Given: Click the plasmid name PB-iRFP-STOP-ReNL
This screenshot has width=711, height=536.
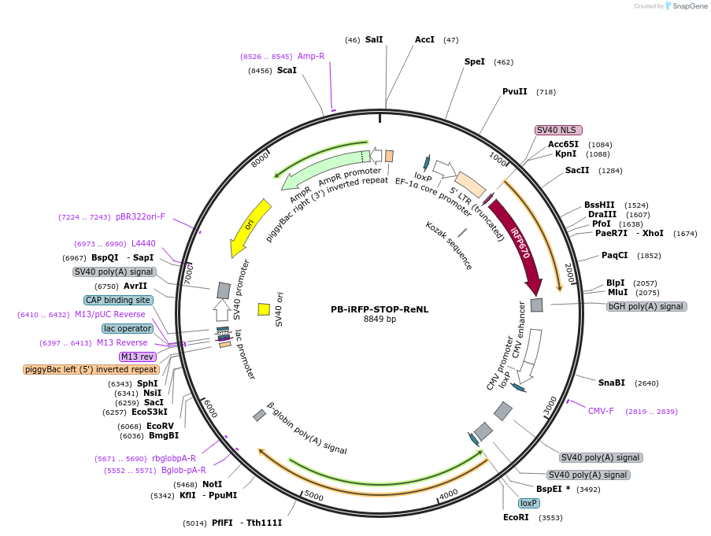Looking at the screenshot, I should (380, 309).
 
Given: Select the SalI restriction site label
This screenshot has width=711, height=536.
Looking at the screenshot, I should (374, 39).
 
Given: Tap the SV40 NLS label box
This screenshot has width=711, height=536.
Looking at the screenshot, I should (558, 130).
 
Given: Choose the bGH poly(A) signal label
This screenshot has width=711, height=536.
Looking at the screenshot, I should (646, 306).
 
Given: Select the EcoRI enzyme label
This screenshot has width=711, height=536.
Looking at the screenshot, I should (517, 518).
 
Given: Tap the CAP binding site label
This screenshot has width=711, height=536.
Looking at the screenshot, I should (117, 300).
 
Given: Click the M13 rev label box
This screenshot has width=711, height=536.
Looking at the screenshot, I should (138, 357).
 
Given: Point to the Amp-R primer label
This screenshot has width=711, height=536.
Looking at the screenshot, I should (311, 56).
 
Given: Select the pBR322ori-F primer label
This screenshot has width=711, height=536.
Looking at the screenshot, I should (140, 216).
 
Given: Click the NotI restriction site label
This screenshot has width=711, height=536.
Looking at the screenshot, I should (212, 484).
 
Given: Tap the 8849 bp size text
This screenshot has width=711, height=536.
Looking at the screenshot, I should (380, 320).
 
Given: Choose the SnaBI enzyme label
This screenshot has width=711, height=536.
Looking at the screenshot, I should (611, 383).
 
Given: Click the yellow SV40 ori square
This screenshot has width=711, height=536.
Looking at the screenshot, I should (264, 309).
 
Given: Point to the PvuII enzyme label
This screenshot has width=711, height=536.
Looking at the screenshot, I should (515, 91).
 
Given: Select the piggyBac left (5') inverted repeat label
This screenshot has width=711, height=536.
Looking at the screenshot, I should (91, 369).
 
